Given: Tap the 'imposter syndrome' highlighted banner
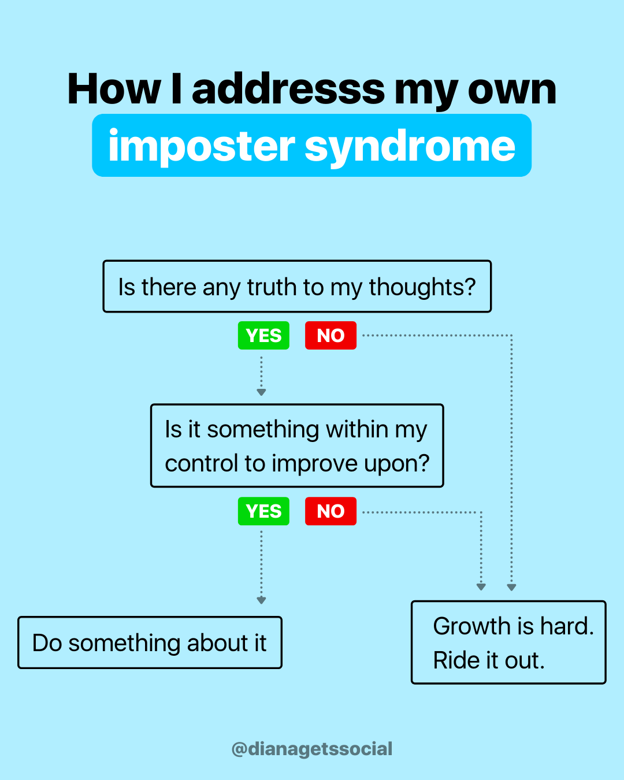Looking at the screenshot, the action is coord(311,146).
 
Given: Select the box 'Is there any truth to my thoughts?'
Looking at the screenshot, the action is coord(297,287).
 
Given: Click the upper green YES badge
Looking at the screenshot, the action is coord(263,336).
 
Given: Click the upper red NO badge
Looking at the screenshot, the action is coord(330,336).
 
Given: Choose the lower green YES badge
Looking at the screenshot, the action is coord(263,511).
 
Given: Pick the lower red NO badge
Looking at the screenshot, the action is coord(330,511).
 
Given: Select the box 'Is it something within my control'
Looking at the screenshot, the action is coord(297,445).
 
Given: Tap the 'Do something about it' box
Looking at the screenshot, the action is coord(150,642).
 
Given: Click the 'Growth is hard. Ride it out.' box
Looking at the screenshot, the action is coord(508,642).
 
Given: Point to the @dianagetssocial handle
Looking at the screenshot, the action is coord(311,749).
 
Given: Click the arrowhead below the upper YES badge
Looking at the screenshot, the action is coord(261,392).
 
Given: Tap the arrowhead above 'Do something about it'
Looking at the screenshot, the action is coord(261,600).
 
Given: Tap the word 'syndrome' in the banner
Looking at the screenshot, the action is coord(410,147).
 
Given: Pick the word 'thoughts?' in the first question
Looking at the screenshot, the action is coord(422,287).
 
